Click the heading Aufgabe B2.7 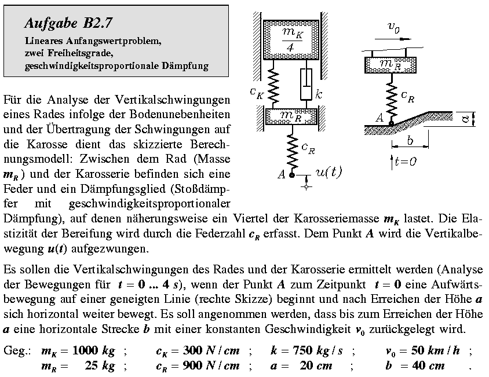point(68,23)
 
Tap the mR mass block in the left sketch point(290,116)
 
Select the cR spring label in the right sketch point(408,98)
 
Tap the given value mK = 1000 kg point(78,351)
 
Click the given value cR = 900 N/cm point(198,366)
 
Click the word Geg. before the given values point(16,352)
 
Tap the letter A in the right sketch point(380,118)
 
